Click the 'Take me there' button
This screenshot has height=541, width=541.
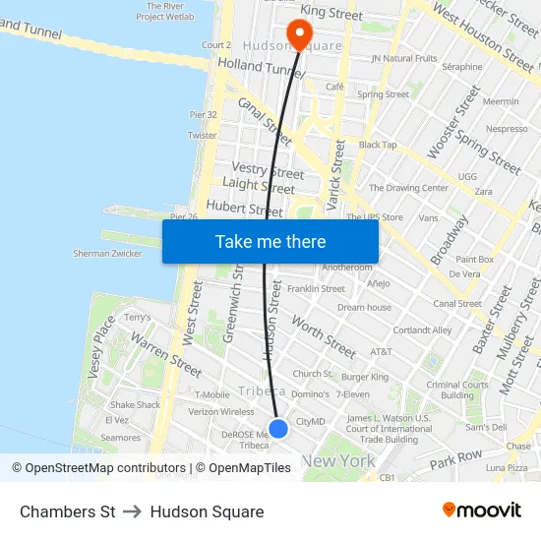270,241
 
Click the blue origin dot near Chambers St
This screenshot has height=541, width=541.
278,428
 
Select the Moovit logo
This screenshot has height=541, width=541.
482,511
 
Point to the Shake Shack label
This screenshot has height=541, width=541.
135,404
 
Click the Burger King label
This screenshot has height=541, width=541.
365,377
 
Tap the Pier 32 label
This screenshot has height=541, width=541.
204,114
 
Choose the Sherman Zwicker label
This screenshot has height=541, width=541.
107,253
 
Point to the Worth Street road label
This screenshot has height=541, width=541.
324,336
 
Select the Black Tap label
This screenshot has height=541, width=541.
378,145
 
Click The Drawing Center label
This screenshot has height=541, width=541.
408,188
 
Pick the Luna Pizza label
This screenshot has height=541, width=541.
506,467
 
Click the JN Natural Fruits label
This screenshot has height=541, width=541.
404,58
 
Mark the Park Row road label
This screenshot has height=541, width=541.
455,458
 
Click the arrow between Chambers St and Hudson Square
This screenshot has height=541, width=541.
133,511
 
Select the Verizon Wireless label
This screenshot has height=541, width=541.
220,412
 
